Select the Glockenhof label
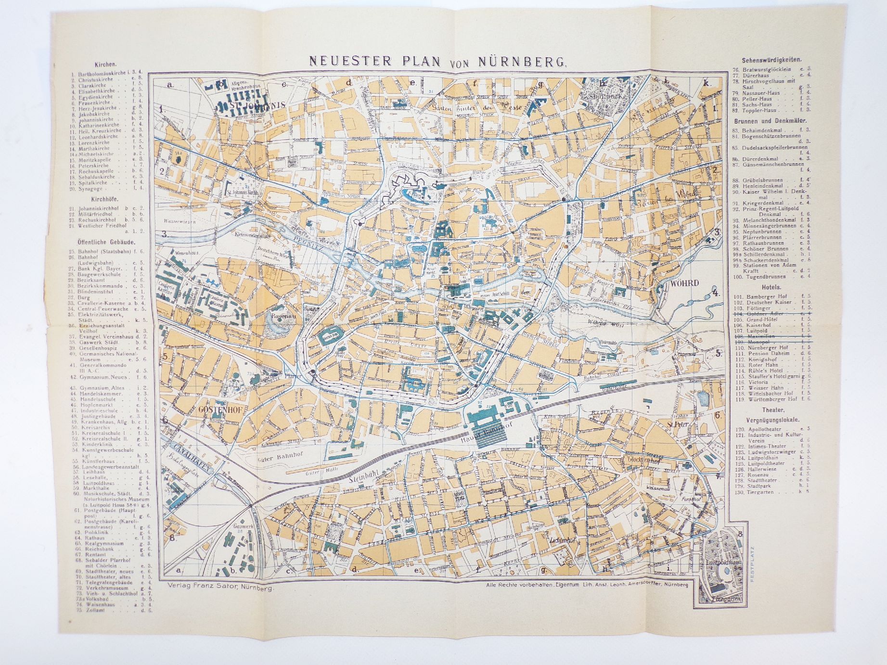643,459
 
